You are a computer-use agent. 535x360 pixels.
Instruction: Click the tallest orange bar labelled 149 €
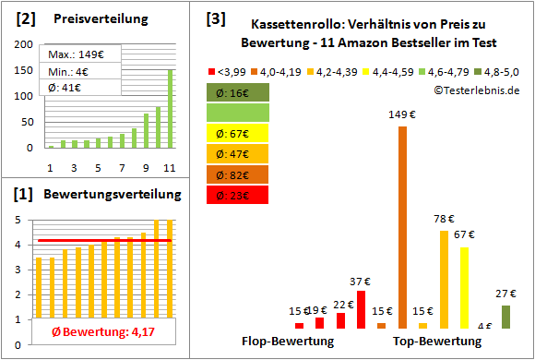point(402,226)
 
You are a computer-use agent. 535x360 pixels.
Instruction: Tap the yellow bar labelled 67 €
point(464,287)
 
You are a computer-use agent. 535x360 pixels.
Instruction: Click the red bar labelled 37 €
point(361,309)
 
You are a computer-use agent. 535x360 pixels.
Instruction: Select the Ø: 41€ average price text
point(62,87)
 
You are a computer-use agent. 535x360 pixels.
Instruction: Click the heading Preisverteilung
point(89,18)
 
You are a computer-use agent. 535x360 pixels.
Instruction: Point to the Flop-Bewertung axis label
point(287,342)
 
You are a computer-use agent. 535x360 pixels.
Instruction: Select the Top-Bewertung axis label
point(437,342)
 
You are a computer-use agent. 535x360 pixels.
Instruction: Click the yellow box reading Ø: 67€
point(238,134)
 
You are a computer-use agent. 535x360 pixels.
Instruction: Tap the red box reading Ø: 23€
point(238,195)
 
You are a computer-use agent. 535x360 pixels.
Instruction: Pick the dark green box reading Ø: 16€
point(238,93)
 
